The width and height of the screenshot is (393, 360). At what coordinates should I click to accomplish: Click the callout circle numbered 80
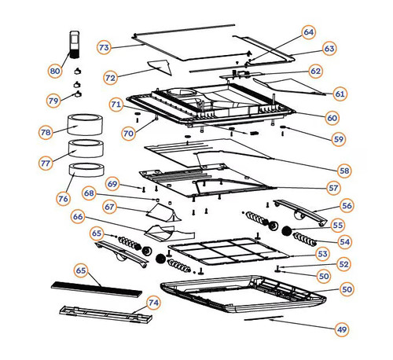pyautogui.click(x=55, y=71)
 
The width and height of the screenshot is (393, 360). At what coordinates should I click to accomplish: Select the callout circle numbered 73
pyautogui.click(x=104, y=47)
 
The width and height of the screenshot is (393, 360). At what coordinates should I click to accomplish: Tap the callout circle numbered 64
pyautogui.click(x=309, y=32)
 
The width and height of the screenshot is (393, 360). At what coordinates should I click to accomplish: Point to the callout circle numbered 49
pyautogui.click(x=342, y=329)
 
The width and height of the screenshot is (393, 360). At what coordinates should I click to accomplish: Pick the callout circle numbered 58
pyautogui.click(x=344, y=171)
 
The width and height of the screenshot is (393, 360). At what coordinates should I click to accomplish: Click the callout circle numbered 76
pyautogui.click(x=63, y=199)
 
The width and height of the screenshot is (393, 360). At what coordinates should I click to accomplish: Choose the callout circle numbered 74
pyautogui.click(x=153, y=303)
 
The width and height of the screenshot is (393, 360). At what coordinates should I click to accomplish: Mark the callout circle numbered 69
pyautogui.click(x=112, y=184)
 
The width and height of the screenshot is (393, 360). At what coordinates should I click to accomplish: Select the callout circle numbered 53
pyautogui.click(x=322, y=254)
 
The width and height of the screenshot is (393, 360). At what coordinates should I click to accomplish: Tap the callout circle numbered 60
pyautogui.click(x=332, y=118)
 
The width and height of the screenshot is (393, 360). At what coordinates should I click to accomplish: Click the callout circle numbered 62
pyautogui.click(x=316, y=71)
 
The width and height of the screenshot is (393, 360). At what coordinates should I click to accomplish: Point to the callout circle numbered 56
pyautogui.click(x=347, y=205)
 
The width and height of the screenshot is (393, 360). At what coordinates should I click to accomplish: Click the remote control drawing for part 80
pyautogui.click(x=74, y=45)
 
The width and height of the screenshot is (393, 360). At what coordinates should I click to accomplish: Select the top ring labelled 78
pyautogui.click(x=86, y=124)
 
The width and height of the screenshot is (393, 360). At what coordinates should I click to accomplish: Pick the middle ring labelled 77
pyautogui.click(x=86, y=149)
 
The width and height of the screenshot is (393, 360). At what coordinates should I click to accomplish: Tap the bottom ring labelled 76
pyautogui.click(x=86, y=170)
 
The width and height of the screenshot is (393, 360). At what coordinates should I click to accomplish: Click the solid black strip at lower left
pyautogui.click(x=97, y=289)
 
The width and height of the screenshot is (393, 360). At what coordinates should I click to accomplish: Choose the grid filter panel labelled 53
pyautogui.click(x=229, y=252)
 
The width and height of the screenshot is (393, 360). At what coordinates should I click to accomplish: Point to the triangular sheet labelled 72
pyautogui.click(x=160, y=67)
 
